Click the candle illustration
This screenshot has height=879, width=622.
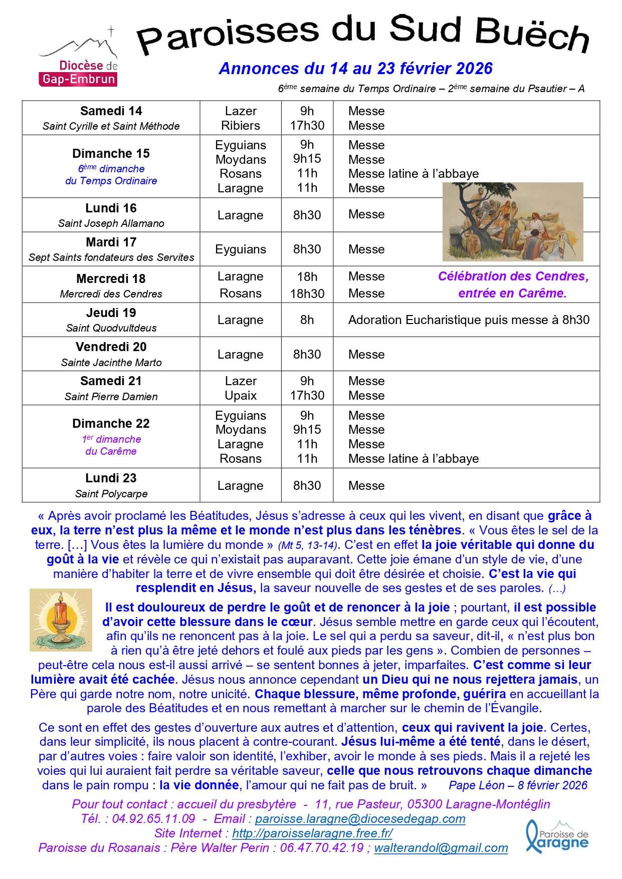[x=61, y=620]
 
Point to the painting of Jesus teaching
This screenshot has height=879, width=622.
[x=512, y=222]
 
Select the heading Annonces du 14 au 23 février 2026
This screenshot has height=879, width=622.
[x=355, y=69]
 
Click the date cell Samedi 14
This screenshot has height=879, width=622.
[x=111, y=111]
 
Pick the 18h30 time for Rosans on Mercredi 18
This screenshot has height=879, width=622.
[x=307, y=294]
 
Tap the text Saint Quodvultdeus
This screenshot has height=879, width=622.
[x=111, y=328]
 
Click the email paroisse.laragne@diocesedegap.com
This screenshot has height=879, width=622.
[x=360, y=819]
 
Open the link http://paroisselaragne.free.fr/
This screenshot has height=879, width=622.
[x=312, y=833]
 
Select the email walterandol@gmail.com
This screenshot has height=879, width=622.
[x=441, y=848]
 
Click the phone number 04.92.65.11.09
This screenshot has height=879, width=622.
[x=153, y=819]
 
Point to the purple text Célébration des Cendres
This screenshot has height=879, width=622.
[x=513, y=276]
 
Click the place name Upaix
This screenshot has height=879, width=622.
[x=241, y=396]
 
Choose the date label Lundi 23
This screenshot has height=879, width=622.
[x=111, y=478]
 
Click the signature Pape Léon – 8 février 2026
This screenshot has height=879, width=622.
[x=518, y=785]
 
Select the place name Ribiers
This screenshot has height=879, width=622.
[x=241, y=126]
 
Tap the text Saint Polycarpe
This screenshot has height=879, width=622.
[x=111, y=494]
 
